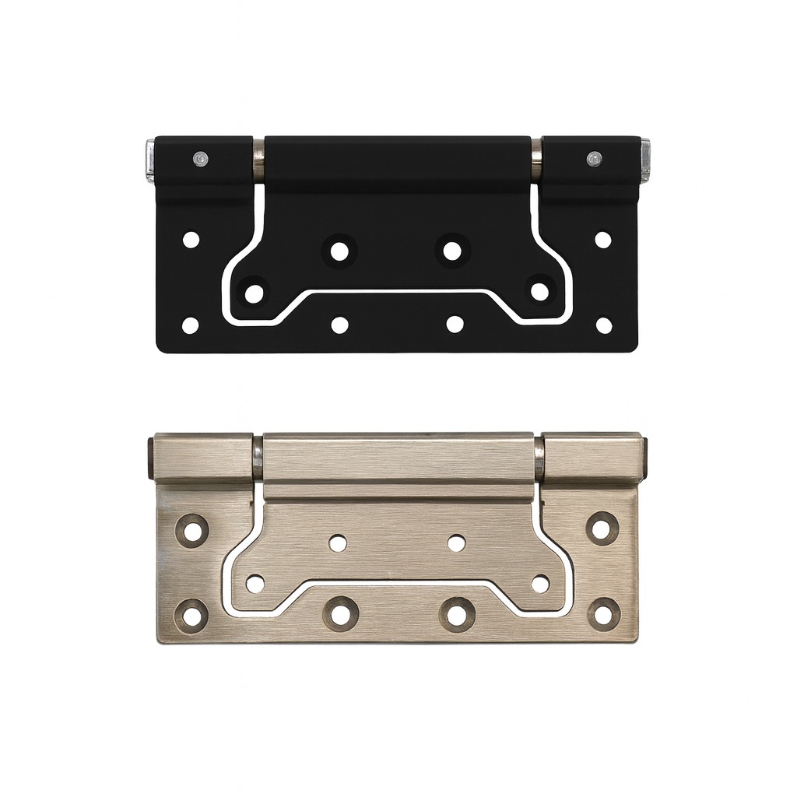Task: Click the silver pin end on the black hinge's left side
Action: coord(148,161)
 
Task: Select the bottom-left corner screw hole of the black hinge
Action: coord(191,325)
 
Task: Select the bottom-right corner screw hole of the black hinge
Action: coord(604,325)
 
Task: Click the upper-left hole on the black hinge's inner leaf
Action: coord(339,251)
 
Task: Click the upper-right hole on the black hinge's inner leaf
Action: coord(452,251)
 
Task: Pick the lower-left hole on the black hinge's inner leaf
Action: coord(255,293)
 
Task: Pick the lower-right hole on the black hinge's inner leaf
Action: coord(539,292)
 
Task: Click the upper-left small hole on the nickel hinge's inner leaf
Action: coord(338,543)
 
